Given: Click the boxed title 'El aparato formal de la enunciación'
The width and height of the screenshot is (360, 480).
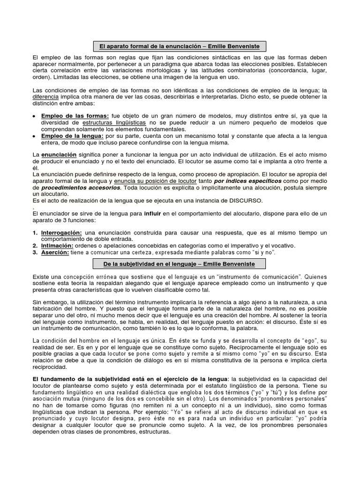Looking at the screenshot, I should tap(180, 46).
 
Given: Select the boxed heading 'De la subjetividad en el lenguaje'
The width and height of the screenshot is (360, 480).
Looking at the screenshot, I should tap(180, 264).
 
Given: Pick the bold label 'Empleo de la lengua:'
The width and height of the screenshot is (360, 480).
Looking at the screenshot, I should tap(72, 136).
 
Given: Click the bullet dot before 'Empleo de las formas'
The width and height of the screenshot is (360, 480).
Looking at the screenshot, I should tap(34, 116).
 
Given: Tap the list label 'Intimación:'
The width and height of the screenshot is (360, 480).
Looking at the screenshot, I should tap(57, 246).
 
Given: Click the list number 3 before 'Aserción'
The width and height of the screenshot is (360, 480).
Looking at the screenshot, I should tap(35, 252).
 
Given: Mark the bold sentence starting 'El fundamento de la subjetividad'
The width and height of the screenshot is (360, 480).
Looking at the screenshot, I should tap(129, 378).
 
